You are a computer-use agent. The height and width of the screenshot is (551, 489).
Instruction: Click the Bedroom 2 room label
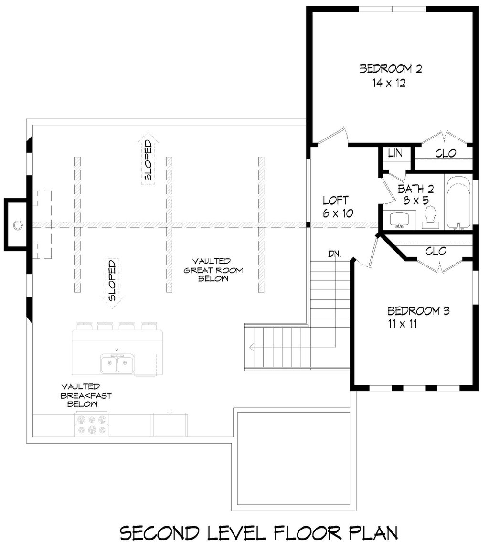[x=391, y=69]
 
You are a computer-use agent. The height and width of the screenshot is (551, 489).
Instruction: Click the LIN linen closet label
[x=394, y=153]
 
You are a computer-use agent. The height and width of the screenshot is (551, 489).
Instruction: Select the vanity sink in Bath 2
[x=400, y=220]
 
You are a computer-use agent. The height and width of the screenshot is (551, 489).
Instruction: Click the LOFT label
[x=336, y=200]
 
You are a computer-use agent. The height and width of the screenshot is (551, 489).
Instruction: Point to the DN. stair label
[x=335, y=254]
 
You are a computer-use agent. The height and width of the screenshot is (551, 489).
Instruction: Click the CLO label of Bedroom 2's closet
[x=446, y=153]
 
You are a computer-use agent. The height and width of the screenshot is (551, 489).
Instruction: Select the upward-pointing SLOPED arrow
[x=148, y=159]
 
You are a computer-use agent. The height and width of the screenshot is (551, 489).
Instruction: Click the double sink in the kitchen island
[x=117, y=364]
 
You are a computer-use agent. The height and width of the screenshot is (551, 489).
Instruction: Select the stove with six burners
[x=92, y=424]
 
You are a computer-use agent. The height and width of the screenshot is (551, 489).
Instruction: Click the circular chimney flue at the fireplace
[x=18, y=224]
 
